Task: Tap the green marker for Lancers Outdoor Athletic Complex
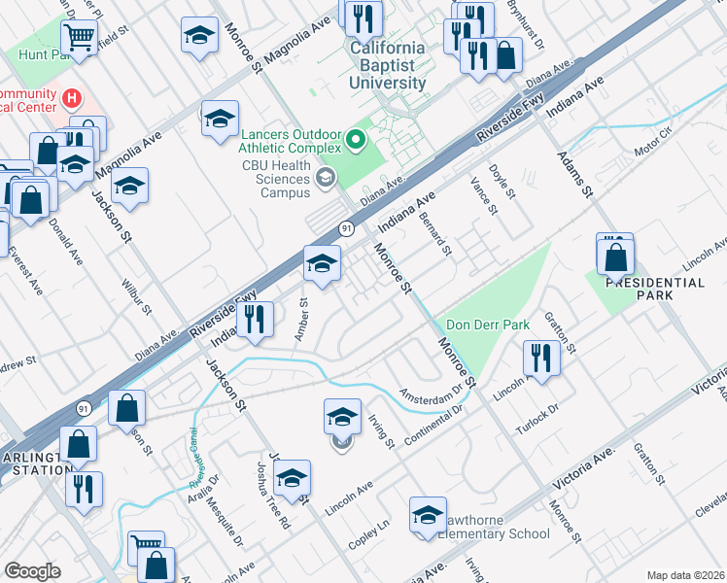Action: pyautogui.click(x=355, y=142)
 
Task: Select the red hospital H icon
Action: pyautogui.click(x=71, y=98)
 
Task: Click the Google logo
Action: pyautogui.click(x=32, y=571)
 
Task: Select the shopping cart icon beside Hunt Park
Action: pyautogui.click(x=78, y=38)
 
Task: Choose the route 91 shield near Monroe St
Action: pyautogui.click(x=346, y=227)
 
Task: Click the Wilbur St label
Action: pyautogui.click(x=136, y=298)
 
